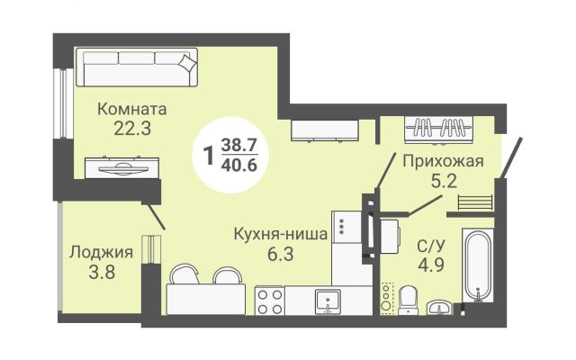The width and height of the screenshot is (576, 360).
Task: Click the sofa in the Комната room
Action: pos(137,67)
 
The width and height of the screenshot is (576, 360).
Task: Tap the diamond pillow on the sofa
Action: pos(188,62)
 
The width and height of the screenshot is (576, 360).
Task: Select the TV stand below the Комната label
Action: pos(122,168)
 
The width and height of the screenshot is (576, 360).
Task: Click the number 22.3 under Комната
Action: pos(132,128)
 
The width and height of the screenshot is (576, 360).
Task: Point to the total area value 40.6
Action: pos(238,166)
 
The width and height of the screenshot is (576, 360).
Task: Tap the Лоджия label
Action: pos(101,252)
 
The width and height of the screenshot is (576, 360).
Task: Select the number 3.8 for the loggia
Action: pos(102,272)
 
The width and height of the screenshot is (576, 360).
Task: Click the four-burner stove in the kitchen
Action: pos(270,301)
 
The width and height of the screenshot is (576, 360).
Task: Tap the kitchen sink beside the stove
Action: pos(328,301)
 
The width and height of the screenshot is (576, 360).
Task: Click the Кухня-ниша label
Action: pos(281,234)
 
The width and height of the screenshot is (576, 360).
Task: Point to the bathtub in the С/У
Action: pos(478,265)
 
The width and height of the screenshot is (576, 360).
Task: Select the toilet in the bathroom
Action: pos(408,301)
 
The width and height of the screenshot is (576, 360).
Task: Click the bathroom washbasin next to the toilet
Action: pos(440,308)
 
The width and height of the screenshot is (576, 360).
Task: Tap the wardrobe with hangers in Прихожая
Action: pos(438,129)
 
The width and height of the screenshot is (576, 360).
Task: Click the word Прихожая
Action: pos(443,161)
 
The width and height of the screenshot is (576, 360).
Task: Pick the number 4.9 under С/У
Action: pos(431,265)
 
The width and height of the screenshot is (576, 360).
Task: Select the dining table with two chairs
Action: pos(206,290)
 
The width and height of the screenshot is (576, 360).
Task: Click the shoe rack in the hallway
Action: pos(475,202)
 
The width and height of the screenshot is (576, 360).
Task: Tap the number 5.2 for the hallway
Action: pos(444,181)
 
